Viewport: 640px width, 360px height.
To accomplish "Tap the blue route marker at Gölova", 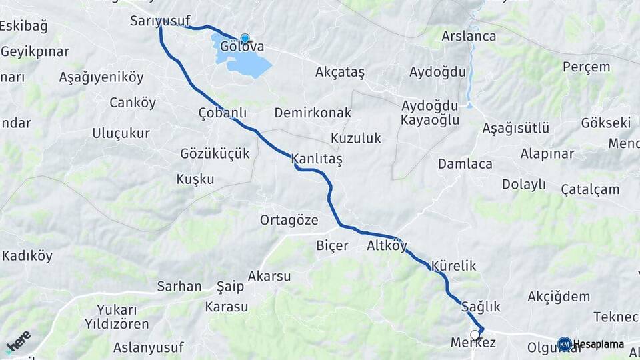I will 245,39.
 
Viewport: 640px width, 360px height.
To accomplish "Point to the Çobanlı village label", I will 223,113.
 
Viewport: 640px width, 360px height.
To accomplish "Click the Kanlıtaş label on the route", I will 317,160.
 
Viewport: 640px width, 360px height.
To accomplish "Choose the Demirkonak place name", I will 313,113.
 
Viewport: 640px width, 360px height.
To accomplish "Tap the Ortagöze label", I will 289,220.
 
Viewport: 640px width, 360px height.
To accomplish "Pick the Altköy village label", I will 387,245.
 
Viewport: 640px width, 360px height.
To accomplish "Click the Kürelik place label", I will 454,266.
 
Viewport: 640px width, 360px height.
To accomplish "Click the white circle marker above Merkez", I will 475,335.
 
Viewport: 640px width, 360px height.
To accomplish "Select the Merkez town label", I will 473,343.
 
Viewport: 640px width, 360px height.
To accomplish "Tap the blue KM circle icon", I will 565,344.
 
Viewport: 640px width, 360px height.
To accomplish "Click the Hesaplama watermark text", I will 599,345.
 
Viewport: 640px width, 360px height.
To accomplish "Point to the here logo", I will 18,341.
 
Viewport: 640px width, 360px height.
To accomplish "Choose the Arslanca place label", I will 469,36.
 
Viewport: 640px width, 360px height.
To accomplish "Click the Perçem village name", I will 586,67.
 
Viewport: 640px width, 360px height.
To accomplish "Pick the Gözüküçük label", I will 215,154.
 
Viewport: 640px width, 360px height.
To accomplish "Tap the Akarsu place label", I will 269,276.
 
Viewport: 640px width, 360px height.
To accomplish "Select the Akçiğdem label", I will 559,297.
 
